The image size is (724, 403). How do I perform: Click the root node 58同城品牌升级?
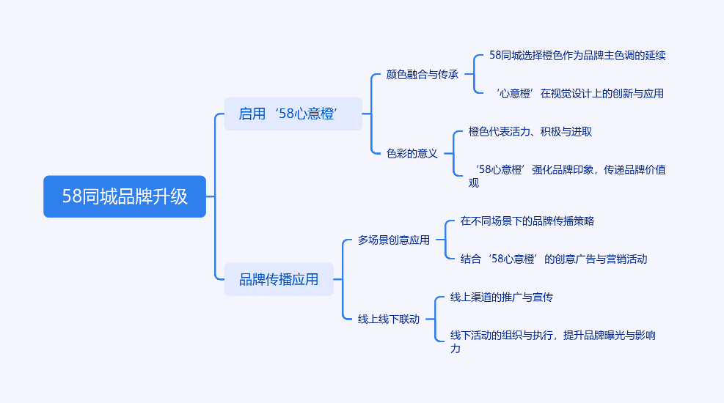coord(125,196)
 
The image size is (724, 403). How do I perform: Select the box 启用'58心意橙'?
coord(293,114)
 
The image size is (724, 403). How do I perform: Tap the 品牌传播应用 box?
coord(279,279)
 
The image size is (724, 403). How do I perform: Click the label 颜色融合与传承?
coord(422,74)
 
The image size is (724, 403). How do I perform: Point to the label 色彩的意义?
coord(412,154)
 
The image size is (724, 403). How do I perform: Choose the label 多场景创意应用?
coord(394,240)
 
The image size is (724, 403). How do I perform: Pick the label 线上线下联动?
coord(389,319)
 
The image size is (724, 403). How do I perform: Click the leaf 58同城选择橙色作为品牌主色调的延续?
coord(577,56)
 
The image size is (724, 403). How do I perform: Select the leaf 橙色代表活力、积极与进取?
coord(530,132)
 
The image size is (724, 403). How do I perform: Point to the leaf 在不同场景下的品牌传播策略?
coord(527,221)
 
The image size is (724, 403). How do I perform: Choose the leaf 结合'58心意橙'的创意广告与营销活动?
coord(554,259)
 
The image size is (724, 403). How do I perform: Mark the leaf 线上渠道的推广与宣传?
coord(502,297)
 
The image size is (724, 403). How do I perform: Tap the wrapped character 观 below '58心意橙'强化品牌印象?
coord(474,183)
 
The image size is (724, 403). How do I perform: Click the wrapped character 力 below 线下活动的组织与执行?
coord(456,349)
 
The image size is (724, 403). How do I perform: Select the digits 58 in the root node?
coord(72,196)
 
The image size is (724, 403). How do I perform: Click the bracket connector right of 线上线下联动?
coord(435,319)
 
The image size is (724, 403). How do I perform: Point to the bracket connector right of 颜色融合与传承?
coord(474,74)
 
